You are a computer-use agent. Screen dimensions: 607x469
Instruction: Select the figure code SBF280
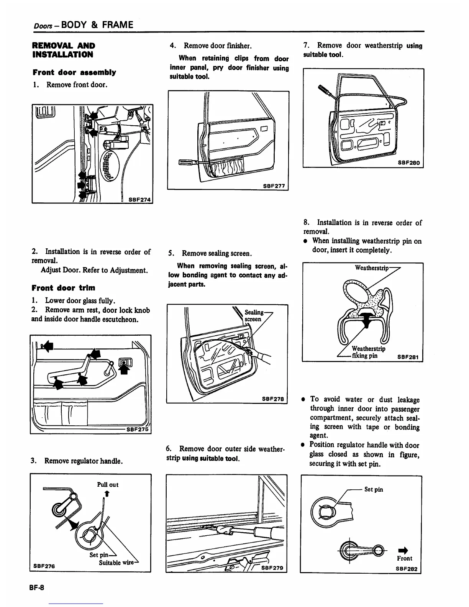click(408, 163)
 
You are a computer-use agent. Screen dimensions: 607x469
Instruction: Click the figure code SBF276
click(44, 566)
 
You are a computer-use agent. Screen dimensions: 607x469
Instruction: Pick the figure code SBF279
click(272, 568)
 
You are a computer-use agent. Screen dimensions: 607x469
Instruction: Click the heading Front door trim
click(64, 288)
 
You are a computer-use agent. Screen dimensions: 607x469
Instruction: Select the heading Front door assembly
click(74, 72)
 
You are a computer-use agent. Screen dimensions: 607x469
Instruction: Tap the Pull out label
click(108, 484)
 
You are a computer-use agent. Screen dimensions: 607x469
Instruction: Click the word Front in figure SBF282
click(405, 558)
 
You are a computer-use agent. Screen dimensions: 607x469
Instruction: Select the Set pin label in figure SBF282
click(374, 489)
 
